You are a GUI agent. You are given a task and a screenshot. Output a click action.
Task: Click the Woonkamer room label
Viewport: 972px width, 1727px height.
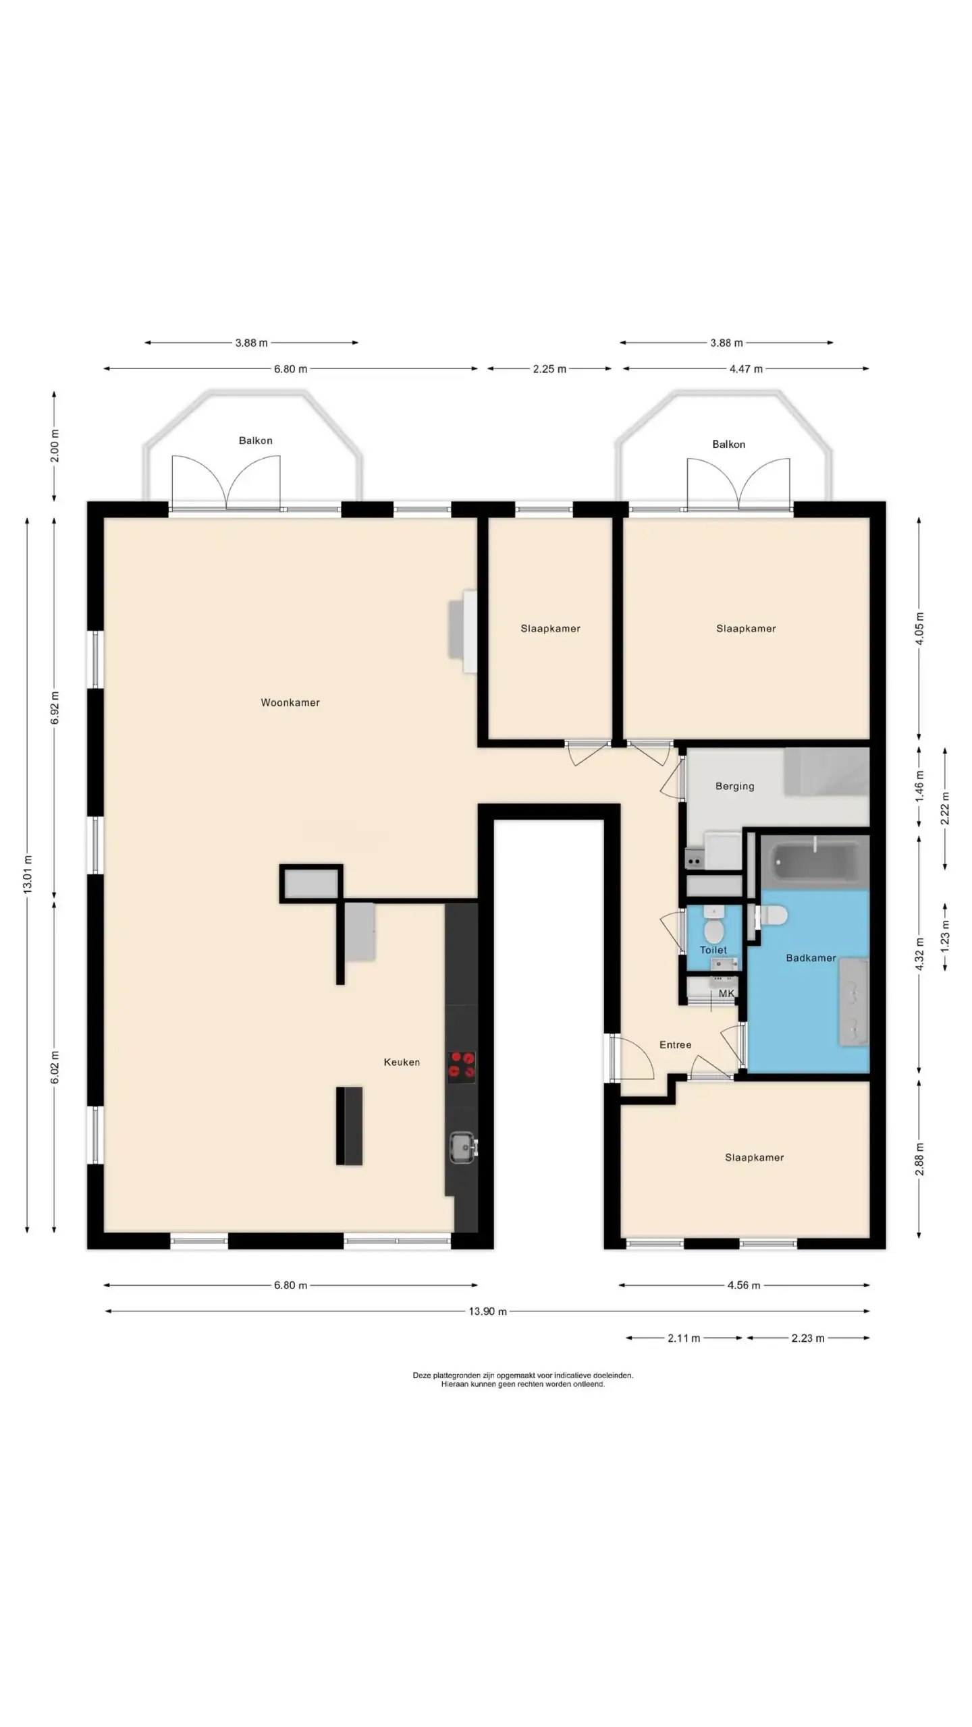(290, 702)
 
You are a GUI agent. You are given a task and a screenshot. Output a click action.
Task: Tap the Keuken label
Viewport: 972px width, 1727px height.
(402, 1062)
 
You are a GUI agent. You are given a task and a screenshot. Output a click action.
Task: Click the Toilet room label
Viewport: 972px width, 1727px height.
(713, 950)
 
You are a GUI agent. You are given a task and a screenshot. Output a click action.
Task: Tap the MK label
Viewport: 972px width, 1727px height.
(726, 994)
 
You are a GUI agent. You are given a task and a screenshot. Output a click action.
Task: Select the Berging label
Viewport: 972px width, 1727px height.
(735, 786)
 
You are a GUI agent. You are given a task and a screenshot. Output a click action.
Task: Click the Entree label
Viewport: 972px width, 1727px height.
(676, 1045)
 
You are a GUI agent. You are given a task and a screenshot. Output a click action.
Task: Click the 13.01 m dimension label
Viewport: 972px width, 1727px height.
(28, 874)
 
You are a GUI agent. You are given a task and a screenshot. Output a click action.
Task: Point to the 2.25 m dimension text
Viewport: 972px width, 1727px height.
(549, 369)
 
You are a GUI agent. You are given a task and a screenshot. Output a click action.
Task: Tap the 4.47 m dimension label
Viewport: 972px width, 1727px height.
(746, 369)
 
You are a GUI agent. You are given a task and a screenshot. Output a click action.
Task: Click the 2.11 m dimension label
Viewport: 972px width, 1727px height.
(684, 1338)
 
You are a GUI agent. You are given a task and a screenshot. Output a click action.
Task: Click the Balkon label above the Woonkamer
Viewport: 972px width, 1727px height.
(256, 441)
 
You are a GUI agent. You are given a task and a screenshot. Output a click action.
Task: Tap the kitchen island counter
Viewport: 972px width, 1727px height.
(350, 1126)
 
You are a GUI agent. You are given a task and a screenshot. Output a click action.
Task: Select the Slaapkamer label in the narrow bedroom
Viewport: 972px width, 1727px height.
(550, 628)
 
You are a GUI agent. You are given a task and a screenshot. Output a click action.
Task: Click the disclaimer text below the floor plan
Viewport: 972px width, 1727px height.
(523, 1380)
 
